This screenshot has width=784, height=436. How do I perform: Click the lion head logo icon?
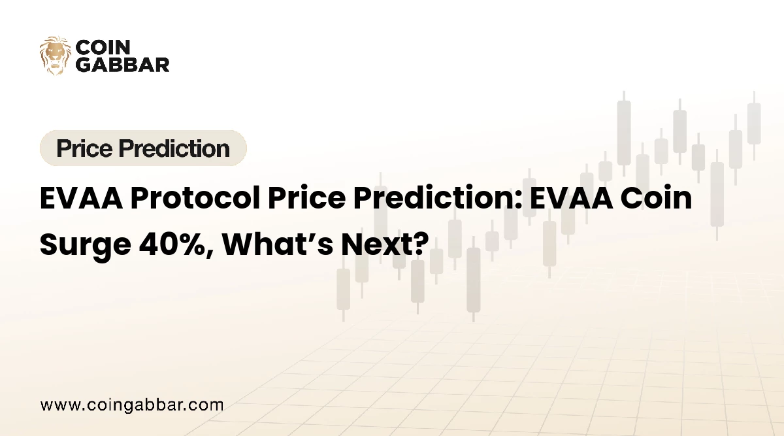pos(56,56)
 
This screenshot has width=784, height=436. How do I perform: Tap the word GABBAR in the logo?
pos(123,64)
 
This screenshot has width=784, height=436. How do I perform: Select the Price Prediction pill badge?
pos(143,148)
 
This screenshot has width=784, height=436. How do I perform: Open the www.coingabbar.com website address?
pos(131,405)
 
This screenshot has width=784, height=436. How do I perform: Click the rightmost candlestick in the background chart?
pos(754,124)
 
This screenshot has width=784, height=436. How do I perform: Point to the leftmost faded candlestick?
pos(343,288)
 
